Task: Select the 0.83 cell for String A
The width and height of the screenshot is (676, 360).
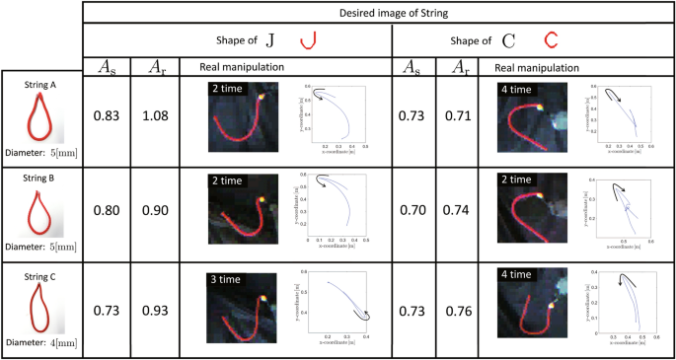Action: tap(107, 117)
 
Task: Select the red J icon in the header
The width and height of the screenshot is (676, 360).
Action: tap(312, 40)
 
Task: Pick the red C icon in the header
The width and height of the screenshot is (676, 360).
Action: tap(552, 41)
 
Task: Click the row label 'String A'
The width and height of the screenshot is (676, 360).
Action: tap(40, 86)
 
